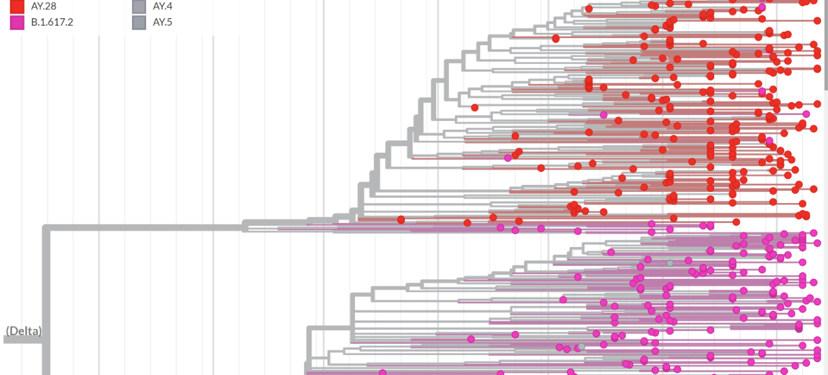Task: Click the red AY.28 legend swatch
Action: [x=17, y=6]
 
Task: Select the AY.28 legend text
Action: [x=44, y=6]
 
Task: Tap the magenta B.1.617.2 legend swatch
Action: [x=17, y=23]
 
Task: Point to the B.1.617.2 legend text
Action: [x=52, y=23]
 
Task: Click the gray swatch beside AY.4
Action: [x=138, y=6]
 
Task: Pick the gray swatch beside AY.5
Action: [x=138, y=23]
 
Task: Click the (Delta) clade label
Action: [x=24, y=331]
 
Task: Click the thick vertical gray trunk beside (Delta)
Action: [x=46, y=291]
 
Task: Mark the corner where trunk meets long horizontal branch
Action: [x=46, y=227]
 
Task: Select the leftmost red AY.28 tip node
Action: [x=401, y=220]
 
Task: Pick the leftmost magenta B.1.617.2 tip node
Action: [x=382, y=372]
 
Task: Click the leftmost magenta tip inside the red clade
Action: [x=508, y=158]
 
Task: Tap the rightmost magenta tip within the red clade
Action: [x=806, y=114]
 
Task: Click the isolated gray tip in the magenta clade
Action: [x=670, y=263]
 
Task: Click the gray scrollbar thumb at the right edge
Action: [x=825, y=45]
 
